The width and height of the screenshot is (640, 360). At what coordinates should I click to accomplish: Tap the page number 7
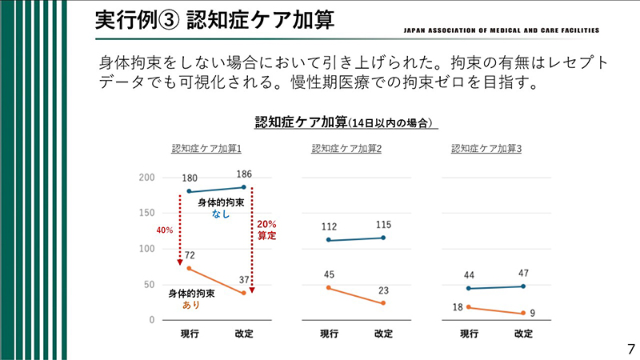click(x=630, y=348)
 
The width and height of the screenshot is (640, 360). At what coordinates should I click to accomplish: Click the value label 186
click(x=245, y=174)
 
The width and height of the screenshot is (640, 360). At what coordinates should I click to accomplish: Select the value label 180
click(x=189, y=178)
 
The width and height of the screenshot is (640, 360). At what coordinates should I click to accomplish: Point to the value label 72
click(x=190, y=254)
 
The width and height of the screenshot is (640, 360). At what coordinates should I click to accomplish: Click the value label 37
click(x=245, y=279)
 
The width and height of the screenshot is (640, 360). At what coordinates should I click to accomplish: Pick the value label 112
click(x=329, y=226)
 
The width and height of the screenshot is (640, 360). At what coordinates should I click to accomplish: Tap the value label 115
click(x=384, y=225)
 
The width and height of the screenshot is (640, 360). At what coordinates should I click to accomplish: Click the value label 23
click(x=384, y=290)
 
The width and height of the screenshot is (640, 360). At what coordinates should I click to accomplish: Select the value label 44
click(x=469, y=275)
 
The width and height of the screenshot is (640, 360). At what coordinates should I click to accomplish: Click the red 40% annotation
click(x=164, y=230)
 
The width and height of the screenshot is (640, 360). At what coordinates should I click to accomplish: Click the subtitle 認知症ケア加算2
click(x=346, y=149)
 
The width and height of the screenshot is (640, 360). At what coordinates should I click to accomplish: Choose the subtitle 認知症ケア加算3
click(x=486, y=149)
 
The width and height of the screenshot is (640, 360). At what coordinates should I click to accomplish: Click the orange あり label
click(x=191, y=305)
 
